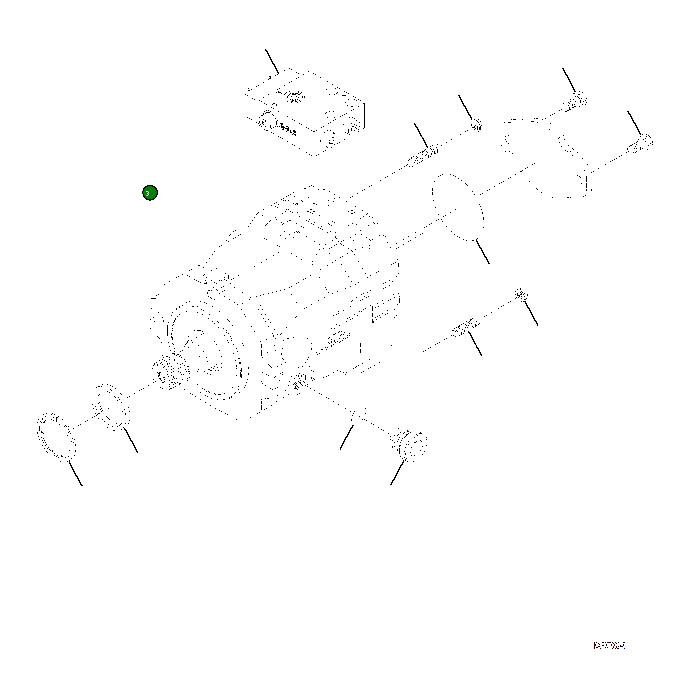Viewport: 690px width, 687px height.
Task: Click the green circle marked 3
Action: [150, 193]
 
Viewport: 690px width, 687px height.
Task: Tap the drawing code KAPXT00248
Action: [609, 646]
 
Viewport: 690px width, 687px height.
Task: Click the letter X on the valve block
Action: [344, 96]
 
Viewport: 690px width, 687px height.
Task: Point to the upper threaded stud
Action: [424, 155]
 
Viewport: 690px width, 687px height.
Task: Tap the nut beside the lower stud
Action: [522, 295]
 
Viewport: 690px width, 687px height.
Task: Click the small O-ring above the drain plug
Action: [358, 415]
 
